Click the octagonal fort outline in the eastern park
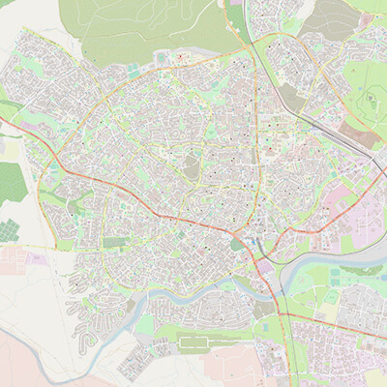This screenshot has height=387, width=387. [x=370, y=101]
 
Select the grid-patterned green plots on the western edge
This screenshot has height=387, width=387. [x=9, y=231]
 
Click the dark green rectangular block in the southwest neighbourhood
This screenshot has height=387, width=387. [x=116, y=242]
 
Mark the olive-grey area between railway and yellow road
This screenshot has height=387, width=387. [x=289, y=97]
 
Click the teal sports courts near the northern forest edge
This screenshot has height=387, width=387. [x=133, y=71]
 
